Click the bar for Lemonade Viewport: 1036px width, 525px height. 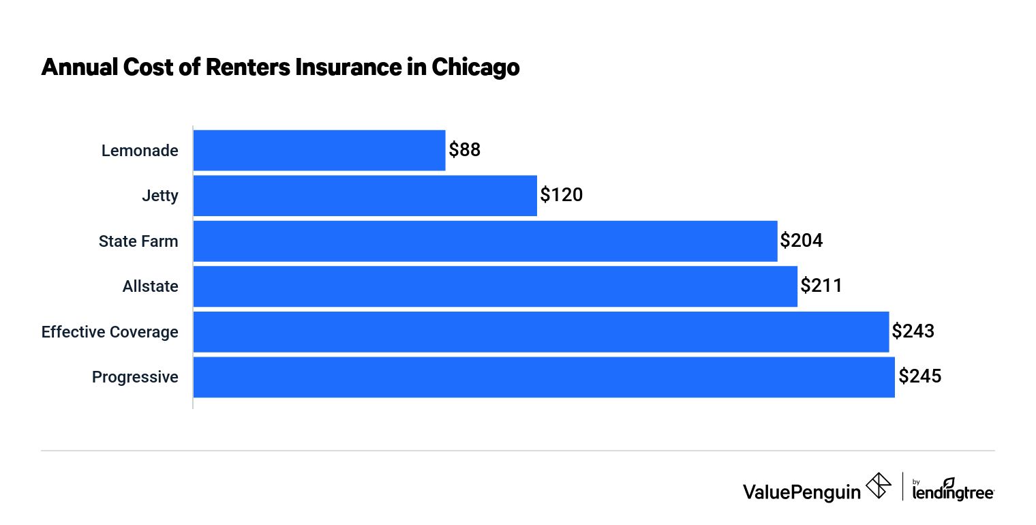(319, 151)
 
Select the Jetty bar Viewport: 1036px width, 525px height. (365, 196)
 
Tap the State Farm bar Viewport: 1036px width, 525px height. (485, 241)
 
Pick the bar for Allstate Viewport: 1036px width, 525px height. (495, 286)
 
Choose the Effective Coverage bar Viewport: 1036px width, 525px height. (540, 332)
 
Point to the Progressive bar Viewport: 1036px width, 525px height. (543, 377)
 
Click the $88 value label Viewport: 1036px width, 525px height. (465, 151)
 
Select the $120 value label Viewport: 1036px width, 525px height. (562, 196)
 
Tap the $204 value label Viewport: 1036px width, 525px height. (802, 241)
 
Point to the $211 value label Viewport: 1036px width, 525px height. (821, 286)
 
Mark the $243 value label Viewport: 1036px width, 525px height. (913, 332)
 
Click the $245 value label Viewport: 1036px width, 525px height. (919, 377)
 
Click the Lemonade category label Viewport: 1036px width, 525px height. (140, 151)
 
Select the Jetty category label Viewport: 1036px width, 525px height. (161, 196)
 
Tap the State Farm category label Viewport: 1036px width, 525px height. (138, 241)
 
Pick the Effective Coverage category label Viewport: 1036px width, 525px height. (110, 332)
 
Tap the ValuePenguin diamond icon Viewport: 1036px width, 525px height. (879, 485)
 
